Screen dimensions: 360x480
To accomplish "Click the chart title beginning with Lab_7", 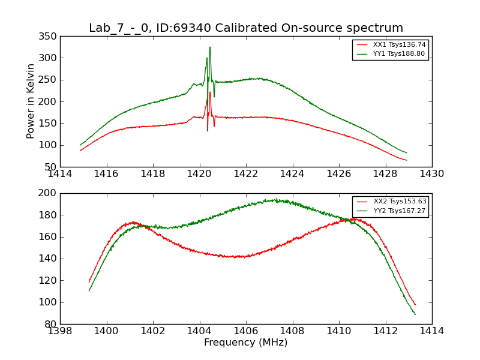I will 246,28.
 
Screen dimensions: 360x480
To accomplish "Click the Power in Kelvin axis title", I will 31,101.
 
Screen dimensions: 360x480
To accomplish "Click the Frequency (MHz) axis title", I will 246,343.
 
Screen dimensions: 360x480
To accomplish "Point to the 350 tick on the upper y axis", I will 49,37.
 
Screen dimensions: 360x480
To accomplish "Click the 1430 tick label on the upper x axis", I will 432,174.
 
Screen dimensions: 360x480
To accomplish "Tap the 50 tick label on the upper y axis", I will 51,167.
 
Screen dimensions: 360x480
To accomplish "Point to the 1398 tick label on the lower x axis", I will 60,331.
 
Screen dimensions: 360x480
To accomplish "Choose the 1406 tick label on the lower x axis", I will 246,331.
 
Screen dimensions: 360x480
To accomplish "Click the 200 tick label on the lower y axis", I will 49,193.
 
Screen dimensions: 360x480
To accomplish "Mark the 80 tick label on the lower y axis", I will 51,324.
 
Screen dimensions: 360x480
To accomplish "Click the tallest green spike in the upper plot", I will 210,47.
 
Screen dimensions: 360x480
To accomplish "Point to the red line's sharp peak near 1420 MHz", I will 210,92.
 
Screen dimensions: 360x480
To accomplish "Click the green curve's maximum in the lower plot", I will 274,200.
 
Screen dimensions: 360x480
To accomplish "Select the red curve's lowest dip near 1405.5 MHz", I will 237,257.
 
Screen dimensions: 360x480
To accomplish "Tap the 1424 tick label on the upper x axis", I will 293,174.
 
